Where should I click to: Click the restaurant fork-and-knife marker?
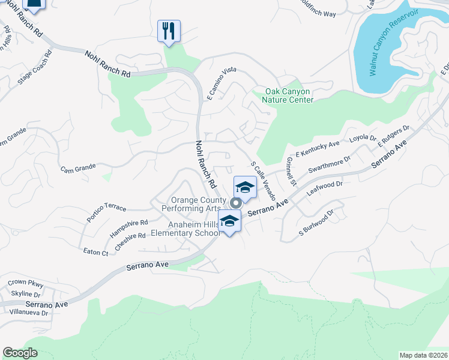(169, 31)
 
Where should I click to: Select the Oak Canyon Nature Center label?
(289, 95)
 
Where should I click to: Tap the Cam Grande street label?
(78, 169)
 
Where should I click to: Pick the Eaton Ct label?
(96, 253)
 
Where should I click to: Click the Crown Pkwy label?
(26, 282)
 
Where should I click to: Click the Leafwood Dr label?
(324, 189)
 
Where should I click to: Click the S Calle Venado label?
(263, 180)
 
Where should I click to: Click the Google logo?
(20, 353)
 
